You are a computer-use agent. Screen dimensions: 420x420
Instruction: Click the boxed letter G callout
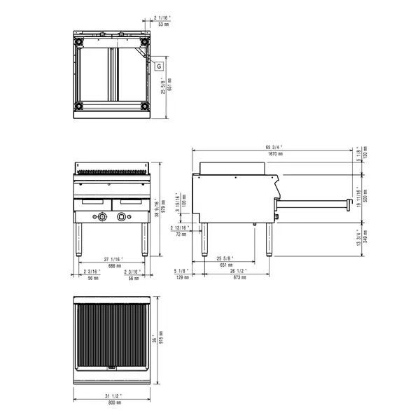[159, 66]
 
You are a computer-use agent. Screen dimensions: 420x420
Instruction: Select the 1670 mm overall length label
[274, 153]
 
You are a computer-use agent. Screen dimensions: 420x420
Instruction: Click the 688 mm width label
[113, 266]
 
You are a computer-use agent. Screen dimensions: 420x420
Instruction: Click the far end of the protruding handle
[346, 204]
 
